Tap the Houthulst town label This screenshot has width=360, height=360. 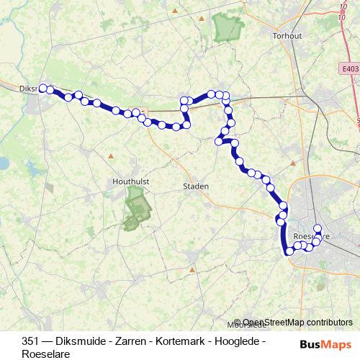coord(130,183)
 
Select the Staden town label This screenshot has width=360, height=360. coord(195,186)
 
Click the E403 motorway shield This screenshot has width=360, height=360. coord(350,68)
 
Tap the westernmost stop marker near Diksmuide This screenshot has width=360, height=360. coord(42,88)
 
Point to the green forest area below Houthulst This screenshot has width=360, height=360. coord(136,209)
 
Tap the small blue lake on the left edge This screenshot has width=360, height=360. coord(3,163)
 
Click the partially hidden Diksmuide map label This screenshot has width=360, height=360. coord(27,89)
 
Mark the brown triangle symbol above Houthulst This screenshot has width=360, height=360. coord(111,156)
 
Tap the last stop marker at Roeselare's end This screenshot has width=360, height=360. coord(318,228)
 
